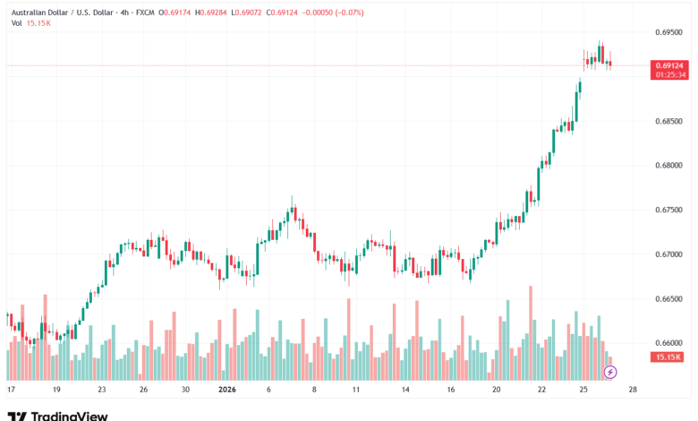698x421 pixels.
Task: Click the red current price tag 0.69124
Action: pos(670,65)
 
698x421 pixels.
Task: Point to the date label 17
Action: pos(11,391)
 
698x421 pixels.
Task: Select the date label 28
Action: pos(633,391)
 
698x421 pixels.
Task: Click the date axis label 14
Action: pos(405,391)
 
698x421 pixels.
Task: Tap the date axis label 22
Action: pos(541,391)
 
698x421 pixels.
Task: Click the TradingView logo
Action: pos(57,416)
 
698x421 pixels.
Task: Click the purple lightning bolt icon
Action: pos(610,372)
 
